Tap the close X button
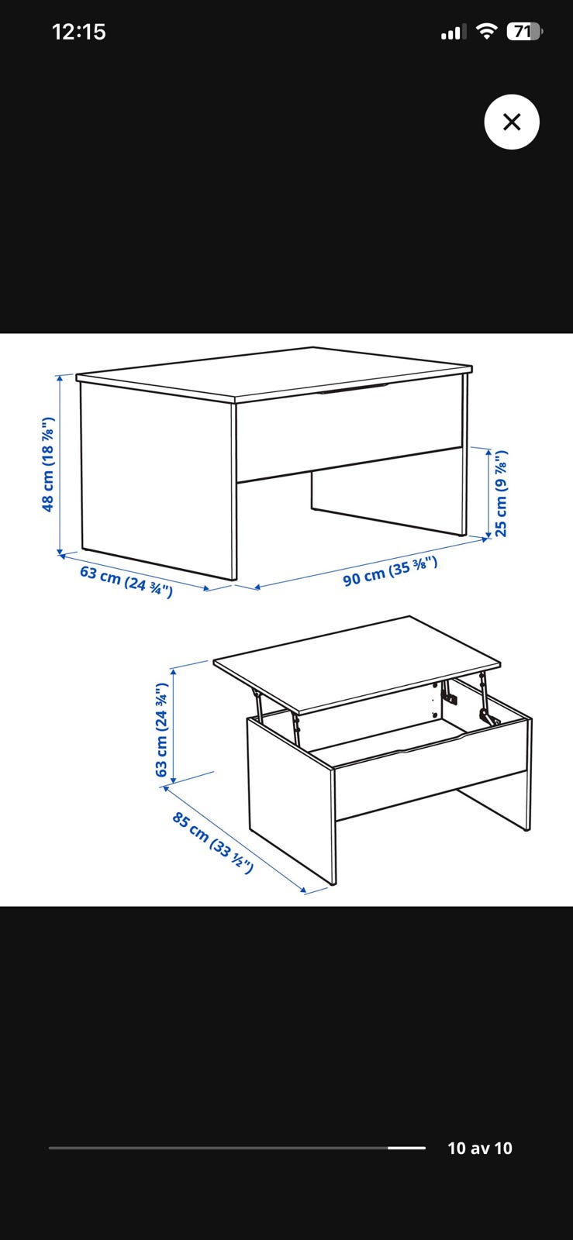(512, 122)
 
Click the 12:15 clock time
(78, 32)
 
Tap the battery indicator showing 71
(524, 32)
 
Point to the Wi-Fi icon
(487, 31)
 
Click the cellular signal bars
(453, 33)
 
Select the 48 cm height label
(48, 464)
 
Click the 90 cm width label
(390, 571)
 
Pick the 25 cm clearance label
(500, 493)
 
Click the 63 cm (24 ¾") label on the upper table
(126, 581)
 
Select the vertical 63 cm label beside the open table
(161, 729)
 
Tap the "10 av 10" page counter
(480, 1148)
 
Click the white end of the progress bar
(406, 1148)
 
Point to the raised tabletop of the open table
(357, 663)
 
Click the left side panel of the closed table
(158, 480)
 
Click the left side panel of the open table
(292, 801)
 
